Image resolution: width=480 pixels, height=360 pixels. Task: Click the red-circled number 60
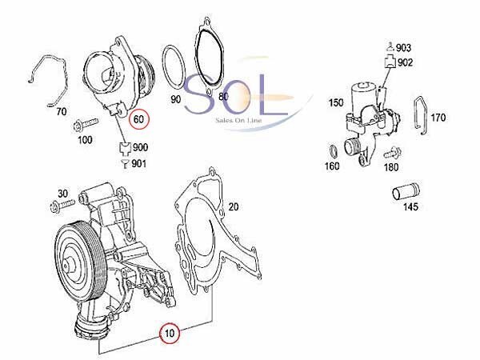coord(138,118)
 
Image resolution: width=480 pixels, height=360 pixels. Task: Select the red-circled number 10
coord(170,333)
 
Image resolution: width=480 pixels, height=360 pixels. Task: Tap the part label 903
coord(404,48)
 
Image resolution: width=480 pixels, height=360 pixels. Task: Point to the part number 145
coord(410,206)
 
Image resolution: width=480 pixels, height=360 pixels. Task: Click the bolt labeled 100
coord(86,124)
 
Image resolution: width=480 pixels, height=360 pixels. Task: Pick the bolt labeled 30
coord(62,205)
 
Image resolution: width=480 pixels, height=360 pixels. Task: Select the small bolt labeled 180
coord(392,152)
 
